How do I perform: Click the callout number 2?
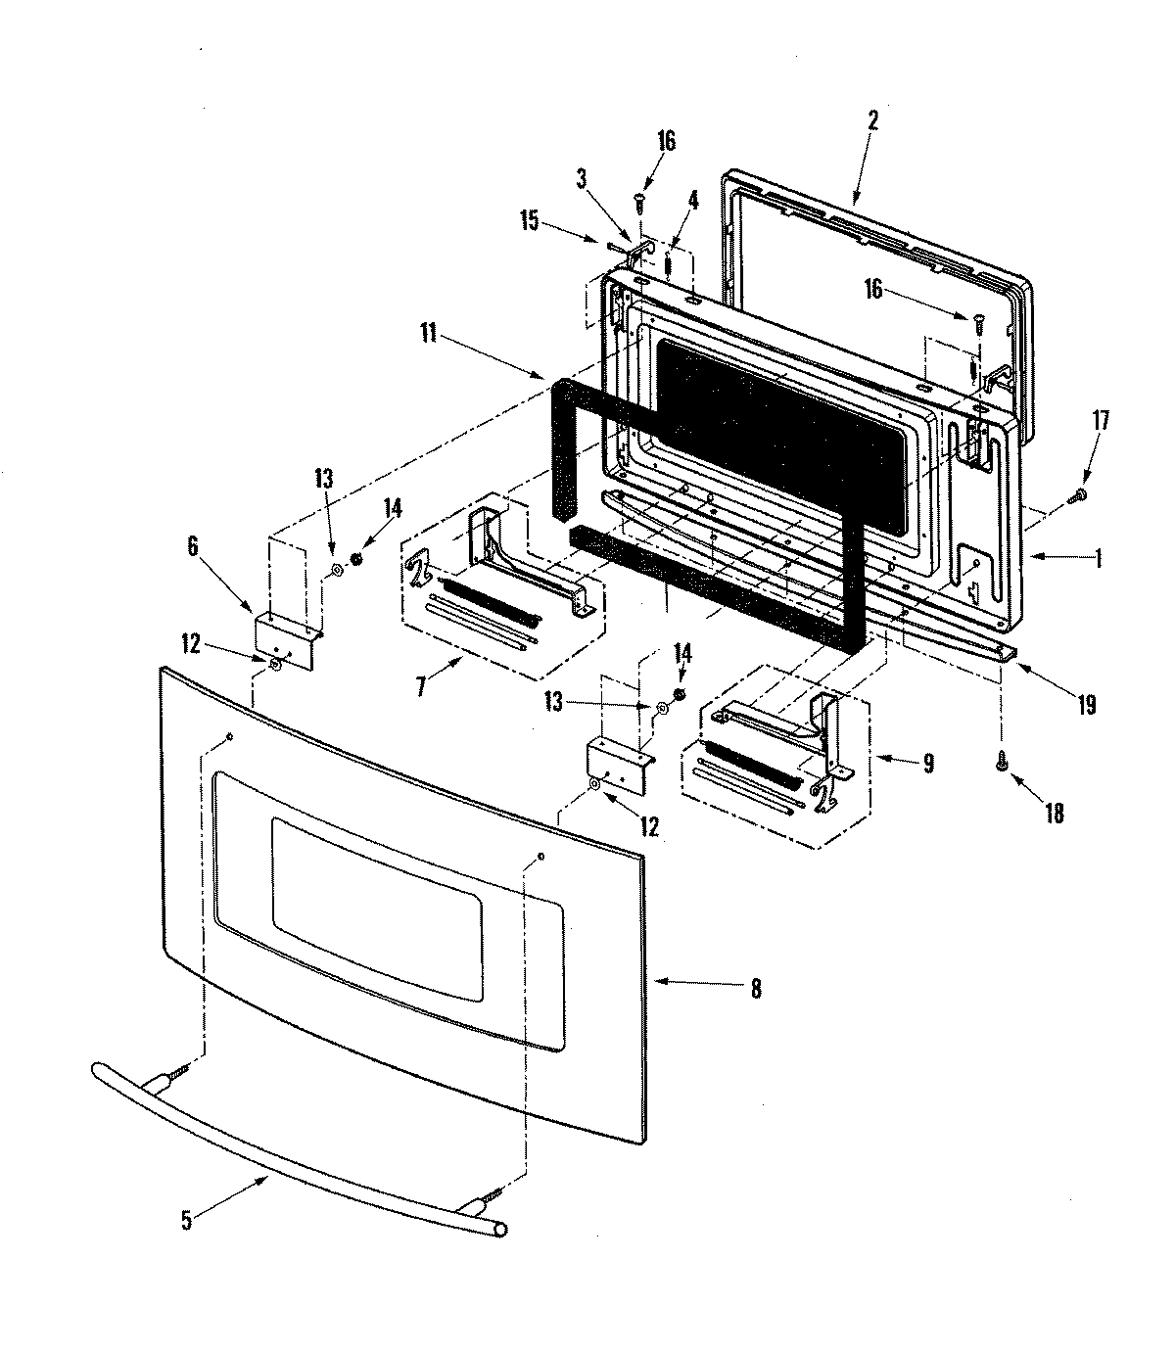[872, 120]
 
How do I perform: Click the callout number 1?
[1098, 558]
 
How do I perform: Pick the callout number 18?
[1055, 813]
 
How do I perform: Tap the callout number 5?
[187, 1220]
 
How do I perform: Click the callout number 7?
[421, 685]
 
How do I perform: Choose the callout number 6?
[193, 546]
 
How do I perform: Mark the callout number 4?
[693, 200]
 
